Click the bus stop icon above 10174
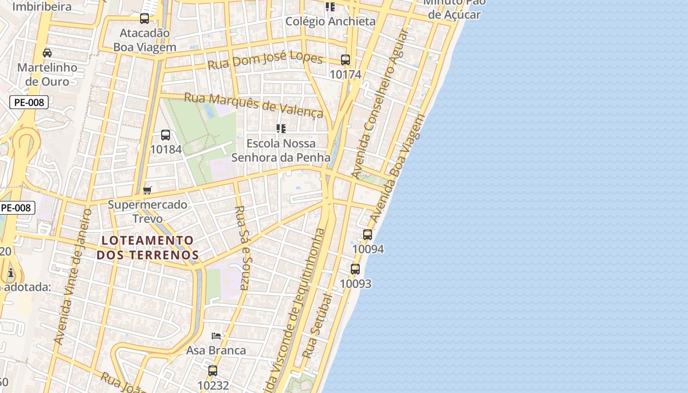click(x=345, y=60)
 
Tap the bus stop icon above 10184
click(x=166, y=135)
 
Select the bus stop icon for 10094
click(x=368, y=235)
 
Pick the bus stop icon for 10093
click(x=355, y=269)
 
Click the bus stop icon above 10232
click(x=213, y=371)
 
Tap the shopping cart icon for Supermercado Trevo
click(x=147, y=190)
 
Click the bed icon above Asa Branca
click(x=216, y=336)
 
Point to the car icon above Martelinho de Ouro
click(x=47, y=53)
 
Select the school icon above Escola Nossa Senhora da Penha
click(x=281, y=129)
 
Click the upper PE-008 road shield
click(x=29, y=103)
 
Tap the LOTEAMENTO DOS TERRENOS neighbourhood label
click(x=147, y=248)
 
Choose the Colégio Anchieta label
click(x=330, y=21)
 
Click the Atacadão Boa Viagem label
click(x=144, y=40)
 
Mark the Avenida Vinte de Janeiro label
click(x=73, y=277)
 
